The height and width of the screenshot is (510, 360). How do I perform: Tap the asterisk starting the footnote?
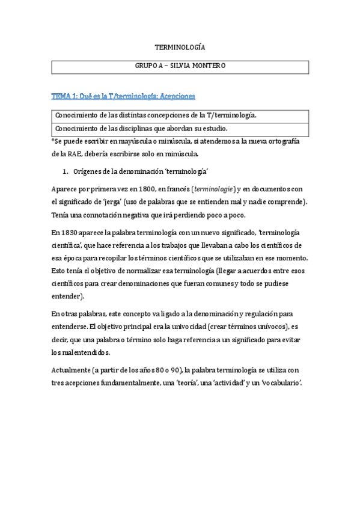(x=53, y=140)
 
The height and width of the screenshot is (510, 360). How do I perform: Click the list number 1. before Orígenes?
(x=67, y=171)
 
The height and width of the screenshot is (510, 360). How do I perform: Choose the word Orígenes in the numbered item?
(x=88, y=171)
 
